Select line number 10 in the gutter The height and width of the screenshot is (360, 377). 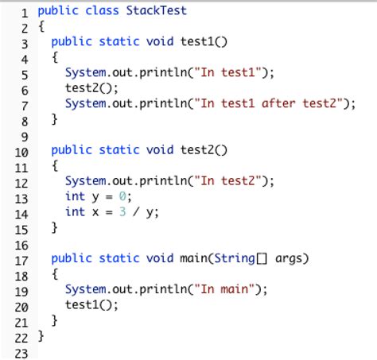[x=21, y=149]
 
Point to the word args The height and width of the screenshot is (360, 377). [x=293, y=258]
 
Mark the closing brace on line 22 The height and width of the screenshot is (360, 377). [x=41, y=336]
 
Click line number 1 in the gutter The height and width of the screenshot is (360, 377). [x=25, y=12]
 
